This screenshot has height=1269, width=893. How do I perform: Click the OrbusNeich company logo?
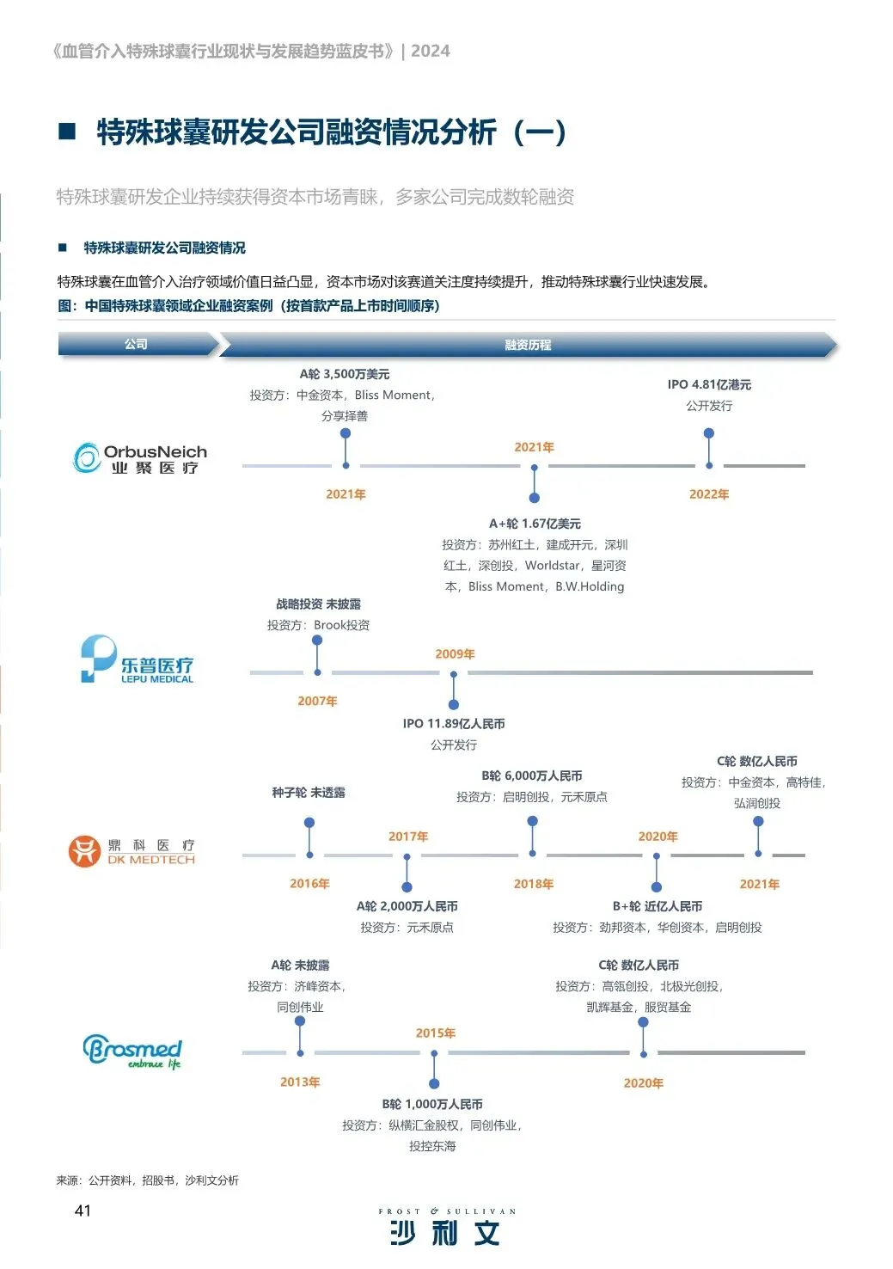tap(140, 458)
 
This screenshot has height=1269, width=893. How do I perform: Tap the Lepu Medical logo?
tap(138, 660)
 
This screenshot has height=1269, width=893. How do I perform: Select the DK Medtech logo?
tap(132, 851)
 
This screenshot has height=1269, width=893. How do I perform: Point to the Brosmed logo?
tap(132, 1051)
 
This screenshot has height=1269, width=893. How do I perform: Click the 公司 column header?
tap(136, 344)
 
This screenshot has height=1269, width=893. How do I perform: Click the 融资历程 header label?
tap(528, 345)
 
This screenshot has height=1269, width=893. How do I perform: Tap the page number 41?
tap(83, 1211)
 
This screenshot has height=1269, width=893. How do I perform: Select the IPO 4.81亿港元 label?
tap(709, 384)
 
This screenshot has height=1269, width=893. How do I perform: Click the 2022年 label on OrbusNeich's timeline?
tap(709, 494)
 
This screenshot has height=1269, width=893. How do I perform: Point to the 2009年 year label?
tap(455, 654)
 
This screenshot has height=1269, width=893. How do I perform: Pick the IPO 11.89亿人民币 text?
tap(454, 724)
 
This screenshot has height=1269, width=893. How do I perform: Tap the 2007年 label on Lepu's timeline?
tap(317, 702)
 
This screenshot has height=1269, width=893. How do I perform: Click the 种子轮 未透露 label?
tap(309, 793)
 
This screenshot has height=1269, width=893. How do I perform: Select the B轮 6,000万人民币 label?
tap(532, 775)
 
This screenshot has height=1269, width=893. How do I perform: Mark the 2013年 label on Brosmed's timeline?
tap(300, 1082)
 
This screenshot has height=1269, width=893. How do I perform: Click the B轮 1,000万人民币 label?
tap(432, 1104)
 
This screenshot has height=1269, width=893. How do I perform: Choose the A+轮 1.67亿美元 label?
tap(535, 524)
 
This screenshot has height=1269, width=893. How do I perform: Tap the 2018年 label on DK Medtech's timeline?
tap(534, 884)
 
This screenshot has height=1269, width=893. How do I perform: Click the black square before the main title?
tap(67, 132)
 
